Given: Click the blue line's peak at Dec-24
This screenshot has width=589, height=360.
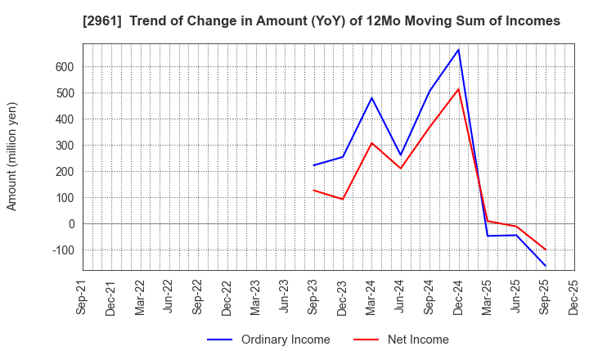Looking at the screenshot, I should coord(459,50).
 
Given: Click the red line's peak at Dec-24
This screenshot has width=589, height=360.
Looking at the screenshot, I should coord(459,89).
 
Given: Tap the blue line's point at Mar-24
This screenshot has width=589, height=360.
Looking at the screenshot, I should coord(371,98).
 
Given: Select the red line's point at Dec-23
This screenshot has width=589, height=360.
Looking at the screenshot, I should coord(343,199).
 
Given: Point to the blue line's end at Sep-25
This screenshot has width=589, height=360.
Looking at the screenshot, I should coord(546,266).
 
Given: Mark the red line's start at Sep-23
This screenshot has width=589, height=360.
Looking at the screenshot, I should coord(313,190).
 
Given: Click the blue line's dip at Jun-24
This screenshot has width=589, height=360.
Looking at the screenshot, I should coord(401,155).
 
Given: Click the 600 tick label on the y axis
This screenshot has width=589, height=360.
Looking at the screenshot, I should coord(65,67).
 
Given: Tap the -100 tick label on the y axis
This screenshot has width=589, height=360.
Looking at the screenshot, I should coord(62,250).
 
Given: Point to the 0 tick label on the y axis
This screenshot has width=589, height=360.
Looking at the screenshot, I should coord(71,224).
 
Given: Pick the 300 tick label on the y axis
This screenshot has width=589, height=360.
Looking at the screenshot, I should coord(65,146).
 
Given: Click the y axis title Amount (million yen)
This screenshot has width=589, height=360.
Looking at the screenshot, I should coord(12,156).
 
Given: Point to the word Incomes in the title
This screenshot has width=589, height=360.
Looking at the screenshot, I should coord(530,21).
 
